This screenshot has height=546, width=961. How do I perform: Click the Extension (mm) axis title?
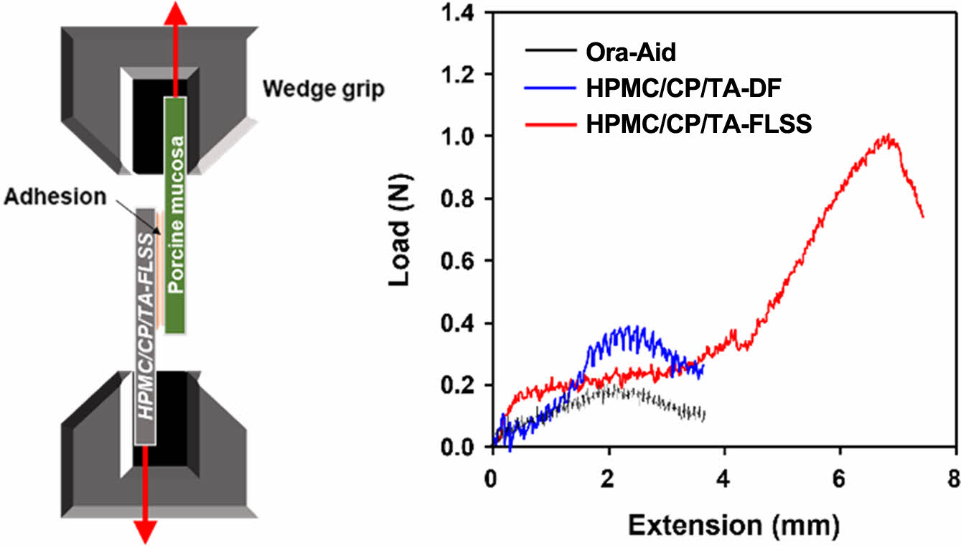click(733, 526)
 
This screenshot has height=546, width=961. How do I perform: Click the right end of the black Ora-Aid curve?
click(704, 415)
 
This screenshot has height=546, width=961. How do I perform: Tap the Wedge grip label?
click(323, 90)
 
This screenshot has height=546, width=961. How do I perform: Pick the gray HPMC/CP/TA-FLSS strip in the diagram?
click(146, 327)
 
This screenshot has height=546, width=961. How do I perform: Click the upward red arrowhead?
click(172, 10)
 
